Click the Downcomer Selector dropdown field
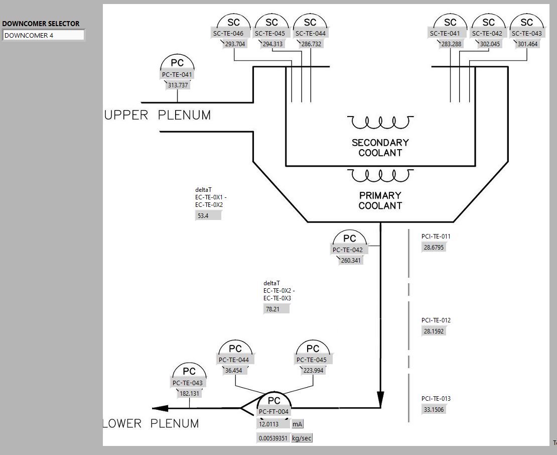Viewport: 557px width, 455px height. point(44,35)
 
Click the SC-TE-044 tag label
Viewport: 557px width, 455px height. point(310,34)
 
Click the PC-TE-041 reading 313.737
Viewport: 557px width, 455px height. point(178,85)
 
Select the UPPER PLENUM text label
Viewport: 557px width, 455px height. point(157,115)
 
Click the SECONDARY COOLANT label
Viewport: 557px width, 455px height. point(380,148)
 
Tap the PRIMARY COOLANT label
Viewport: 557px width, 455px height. point(380,200)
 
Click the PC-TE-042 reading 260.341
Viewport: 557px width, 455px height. point(350,260)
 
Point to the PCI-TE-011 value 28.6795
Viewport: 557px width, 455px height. point(434,247)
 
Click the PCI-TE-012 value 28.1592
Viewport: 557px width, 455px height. point(434,331)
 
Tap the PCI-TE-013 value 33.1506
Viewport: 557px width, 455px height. point(434,409)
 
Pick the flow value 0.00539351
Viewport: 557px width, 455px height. point(273,438)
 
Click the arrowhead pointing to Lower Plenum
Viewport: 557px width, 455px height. point(161,408)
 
